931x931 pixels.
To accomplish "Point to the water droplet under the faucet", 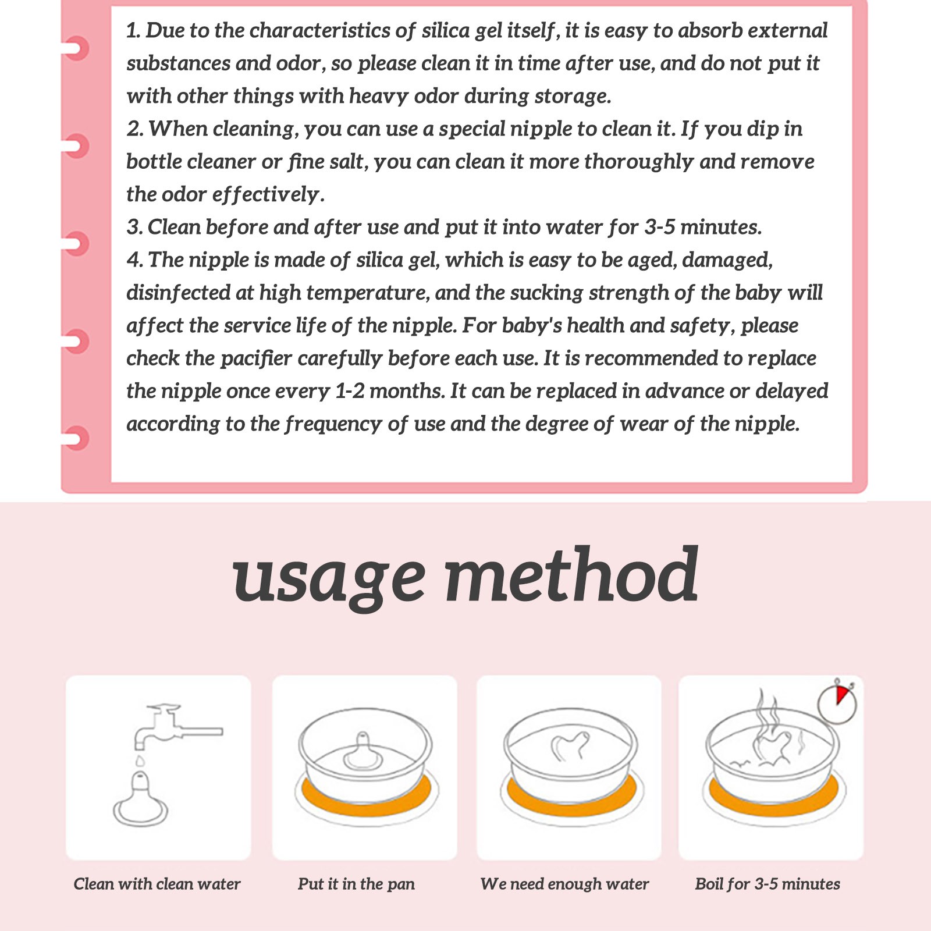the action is point(140,761).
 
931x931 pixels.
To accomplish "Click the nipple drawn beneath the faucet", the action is point(140,799).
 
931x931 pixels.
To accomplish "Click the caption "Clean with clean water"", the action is point(157,884).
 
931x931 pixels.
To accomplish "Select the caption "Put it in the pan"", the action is point(356,884).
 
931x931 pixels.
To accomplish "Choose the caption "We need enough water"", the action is point(564,884).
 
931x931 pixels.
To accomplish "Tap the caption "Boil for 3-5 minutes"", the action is point(767,884).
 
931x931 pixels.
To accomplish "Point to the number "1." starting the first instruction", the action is point(133,30).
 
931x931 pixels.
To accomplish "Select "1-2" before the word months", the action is point(350,390).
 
